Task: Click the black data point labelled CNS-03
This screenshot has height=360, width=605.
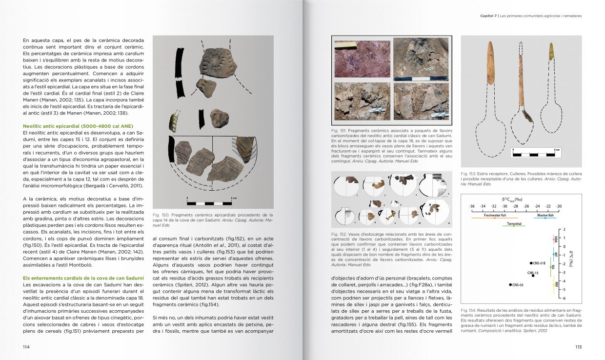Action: tap(510, 284)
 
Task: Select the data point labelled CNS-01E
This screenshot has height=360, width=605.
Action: tap(531, 263)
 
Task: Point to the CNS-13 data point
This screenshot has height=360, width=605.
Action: tap(533, 276)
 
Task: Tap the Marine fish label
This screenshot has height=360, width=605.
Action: tap(545, 215)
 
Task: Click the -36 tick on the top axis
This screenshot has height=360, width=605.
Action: tap(471, 206)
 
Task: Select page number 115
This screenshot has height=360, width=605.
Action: tap(578, 347)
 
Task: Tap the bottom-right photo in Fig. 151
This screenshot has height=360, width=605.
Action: tap(420, 101)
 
